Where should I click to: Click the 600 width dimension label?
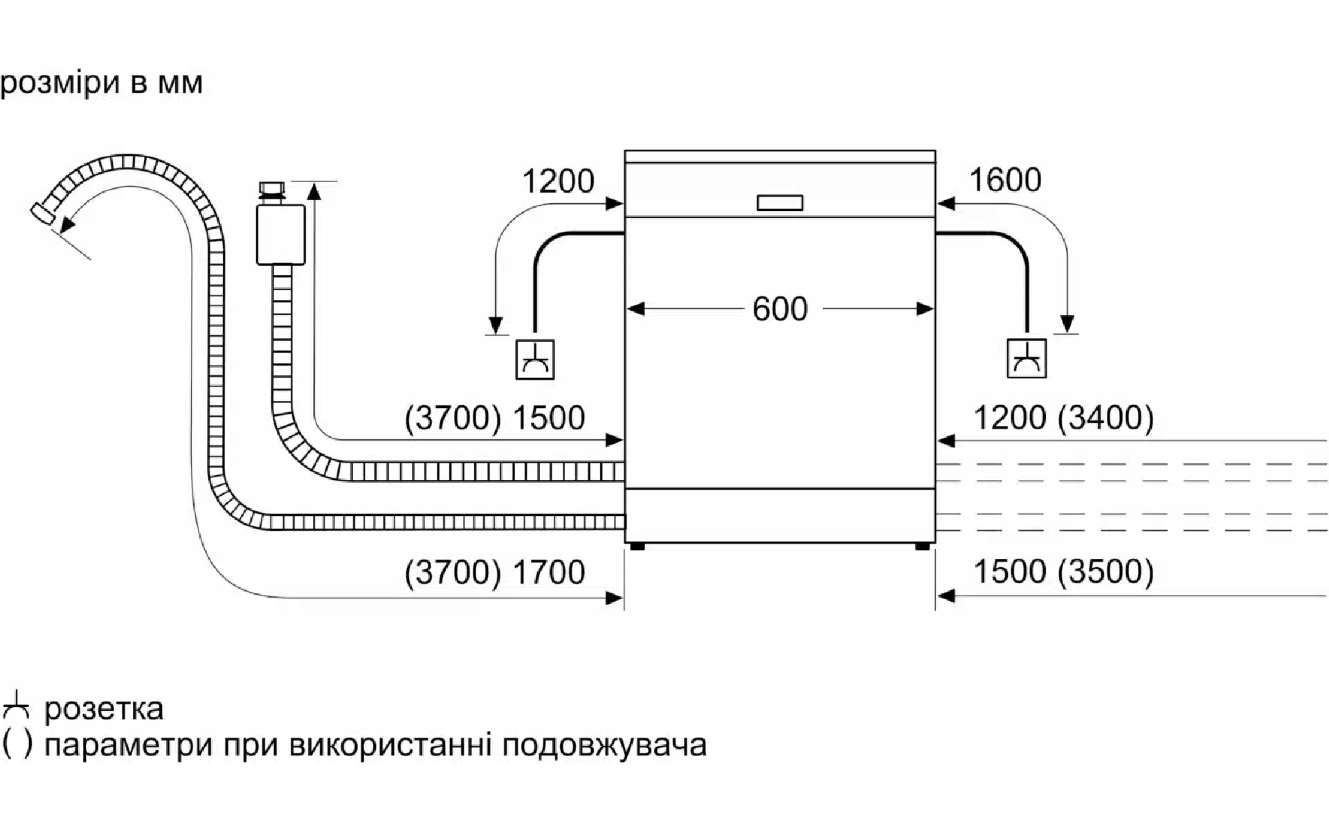[779, 309]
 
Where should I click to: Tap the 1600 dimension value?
[1004, 180]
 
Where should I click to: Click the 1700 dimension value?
[549, 572]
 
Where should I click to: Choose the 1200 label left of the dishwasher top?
[558, 181]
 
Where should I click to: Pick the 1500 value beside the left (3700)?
[549, 418]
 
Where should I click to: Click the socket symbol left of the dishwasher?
[535, 359]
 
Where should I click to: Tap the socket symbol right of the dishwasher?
[1026, 358]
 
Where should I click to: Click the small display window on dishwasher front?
[779, 203]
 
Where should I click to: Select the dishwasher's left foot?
[638, 546]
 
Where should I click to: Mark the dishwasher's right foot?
[922, 546]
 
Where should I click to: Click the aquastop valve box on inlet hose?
[280, 234]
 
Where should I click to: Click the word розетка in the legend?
[104, 708]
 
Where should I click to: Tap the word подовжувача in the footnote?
[604, 746]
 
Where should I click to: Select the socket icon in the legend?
[16, 706]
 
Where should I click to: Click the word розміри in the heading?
[60, 83]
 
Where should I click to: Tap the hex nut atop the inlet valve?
[271, 190]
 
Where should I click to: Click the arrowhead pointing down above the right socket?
[1067, 324]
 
